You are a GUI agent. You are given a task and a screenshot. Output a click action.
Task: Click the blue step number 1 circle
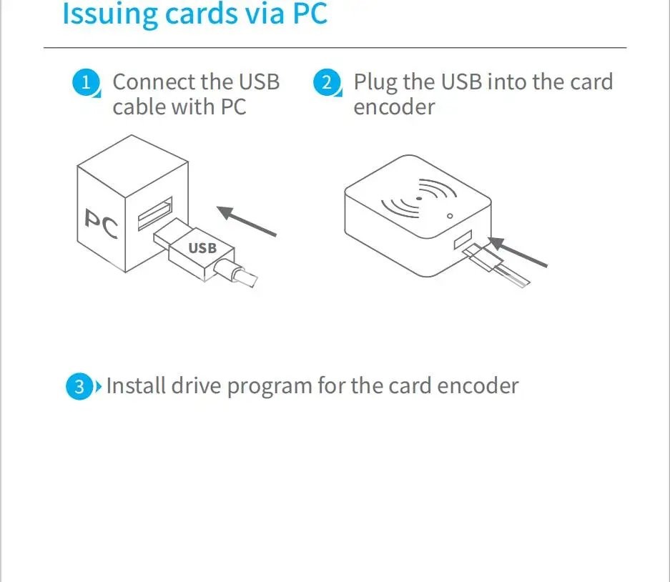coord(86,82)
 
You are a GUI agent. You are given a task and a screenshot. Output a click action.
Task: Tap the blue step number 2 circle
coord(327,82)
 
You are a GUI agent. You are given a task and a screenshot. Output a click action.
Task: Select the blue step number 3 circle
coord(79,386)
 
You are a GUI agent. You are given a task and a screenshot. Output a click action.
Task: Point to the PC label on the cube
coord(102,224)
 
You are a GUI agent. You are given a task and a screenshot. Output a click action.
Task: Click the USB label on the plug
coord(202,248)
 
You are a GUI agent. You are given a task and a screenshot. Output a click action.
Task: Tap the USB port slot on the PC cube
coord(155,213)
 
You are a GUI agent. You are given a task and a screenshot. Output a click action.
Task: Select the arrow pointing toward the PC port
coord(247,221)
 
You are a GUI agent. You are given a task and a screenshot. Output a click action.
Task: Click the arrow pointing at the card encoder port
coord(518,252)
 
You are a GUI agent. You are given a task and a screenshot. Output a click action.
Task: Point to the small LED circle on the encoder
coord(450,216)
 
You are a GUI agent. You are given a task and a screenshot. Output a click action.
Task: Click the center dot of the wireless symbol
coord(419,199)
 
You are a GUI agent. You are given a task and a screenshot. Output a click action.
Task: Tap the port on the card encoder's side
coord(463,240)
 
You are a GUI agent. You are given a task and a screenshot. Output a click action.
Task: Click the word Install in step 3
coord(136,385)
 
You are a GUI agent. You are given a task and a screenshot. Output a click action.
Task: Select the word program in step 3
coord(270,387)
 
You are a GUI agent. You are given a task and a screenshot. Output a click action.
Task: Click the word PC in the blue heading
coord(310,14)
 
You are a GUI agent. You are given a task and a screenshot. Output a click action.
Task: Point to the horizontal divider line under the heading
coord(335,48)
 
